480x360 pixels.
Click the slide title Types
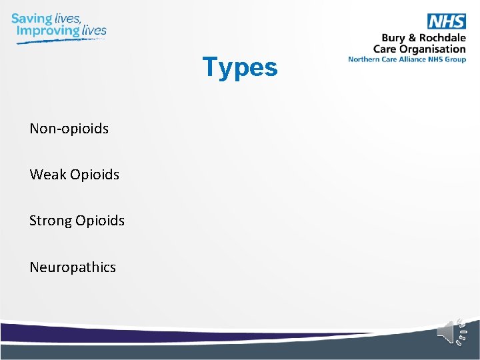coord(239,67)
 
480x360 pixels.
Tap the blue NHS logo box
coord(446,21)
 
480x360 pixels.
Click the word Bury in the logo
coord(393,38)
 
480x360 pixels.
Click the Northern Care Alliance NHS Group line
coord(407,59)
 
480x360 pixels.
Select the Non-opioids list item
coord(69,128)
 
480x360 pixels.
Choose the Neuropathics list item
coord(72,267)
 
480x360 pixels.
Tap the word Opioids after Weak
coord(94,175)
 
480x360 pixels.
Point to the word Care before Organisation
coord(386,49)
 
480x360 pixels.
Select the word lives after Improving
coord(94,31)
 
